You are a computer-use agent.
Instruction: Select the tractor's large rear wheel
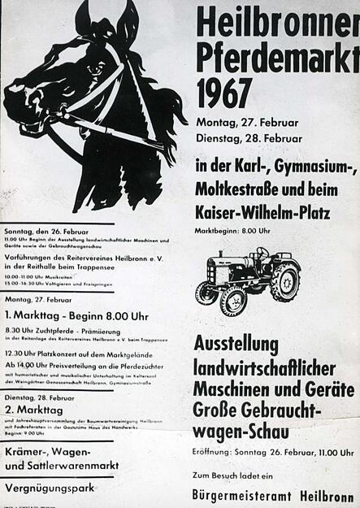point(284,282)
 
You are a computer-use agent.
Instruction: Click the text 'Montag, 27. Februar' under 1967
point(247,122)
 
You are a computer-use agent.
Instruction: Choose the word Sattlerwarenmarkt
point(74,466)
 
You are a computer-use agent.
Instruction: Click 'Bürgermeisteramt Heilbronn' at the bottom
point(274,493)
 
